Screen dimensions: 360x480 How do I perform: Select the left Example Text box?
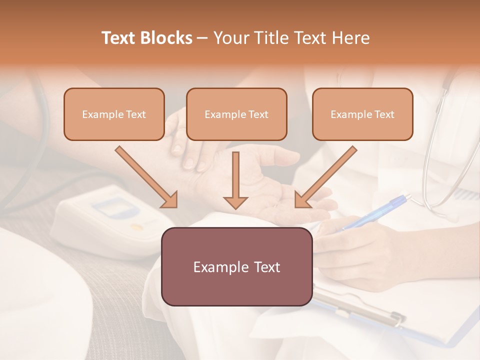point(114,114)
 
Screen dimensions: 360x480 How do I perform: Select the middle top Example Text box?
point(236,114)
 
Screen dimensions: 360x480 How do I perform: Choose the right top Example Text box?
point(362,114)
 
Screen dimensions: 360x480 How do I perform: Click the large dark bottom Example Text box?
point(236,266)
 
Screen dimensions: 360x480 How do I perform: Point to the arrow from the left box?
point(146,176)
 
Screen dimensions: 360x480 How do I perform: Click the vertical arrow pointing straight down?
point(235,180)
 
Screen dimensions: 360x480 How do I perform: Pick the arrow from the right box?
point(326,176)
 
